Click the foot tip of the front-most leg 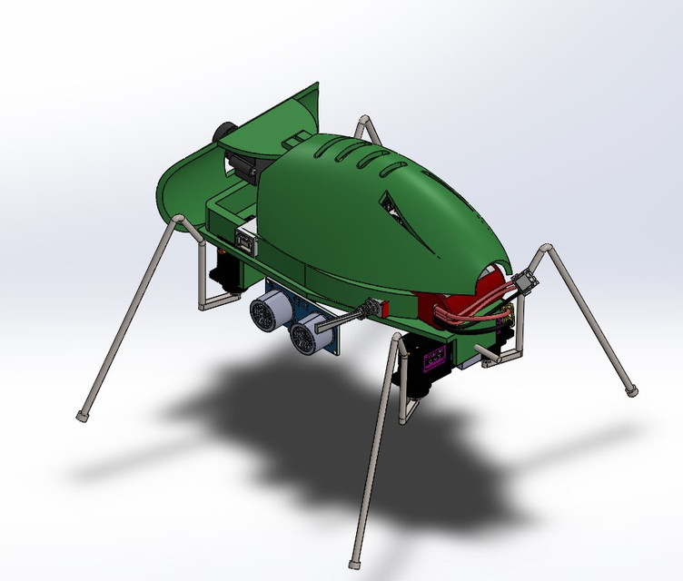pyautogui.click(x=355, y=560)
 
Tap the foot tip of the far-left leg pyautogui.click(x=83, y=417)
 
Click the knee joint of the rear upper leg pyautogui.click(x=364, y=120)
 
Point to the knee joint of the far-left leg pyautogui.click(x=181, y=221)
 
